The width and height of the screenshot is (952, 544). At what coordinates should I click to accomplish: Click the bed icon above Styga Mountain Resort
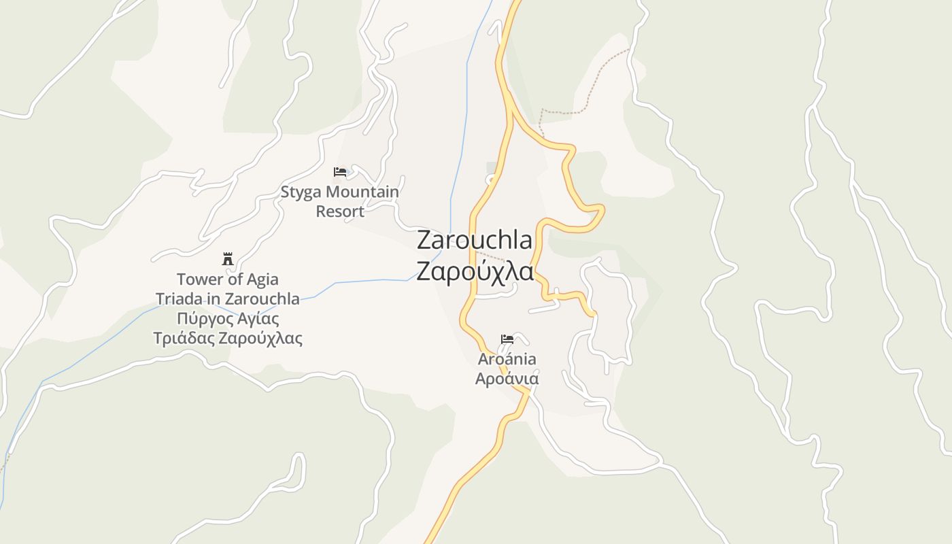click(340, 172)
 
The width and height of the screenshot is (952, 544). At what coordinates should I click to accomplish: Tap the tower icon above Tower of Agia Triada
click(228, 259)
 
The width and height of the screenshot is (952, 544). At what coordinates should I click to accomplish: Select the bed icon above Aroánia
click(507, 339)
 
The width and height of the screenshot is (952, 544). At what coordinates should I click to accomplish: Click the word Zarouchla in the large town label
click(475, 240)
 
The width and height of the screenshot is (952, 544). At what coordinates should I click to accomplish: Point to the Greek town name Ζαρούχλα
click(475, 271)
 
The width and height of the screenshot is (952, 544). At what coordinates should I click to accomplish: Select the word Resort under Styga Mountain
click(340, 211)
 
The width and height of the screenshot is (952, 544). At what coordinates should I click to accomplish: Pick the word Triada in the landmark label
click(180, 299)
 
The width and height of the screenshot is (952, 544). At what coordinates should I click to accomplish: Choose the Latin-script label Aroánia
click(507, 359)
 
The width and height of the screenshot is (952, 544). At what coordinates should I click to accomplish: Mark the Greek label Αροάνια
click(507, 379)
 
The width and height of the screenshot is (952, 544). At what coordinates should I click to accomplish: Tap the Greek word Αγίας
click(257, 319)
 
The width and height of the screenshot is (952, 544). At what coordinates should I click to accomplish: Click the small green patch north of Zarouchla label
click(492, 167)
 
